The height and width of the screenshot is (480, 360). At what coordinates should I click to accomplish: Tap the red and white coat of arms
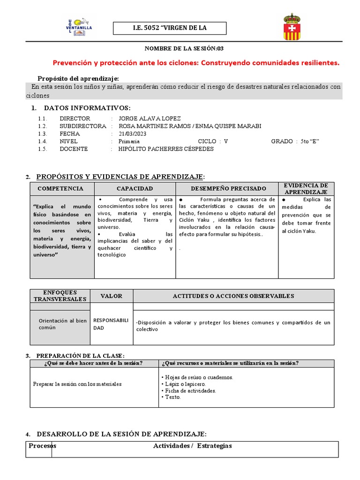tap(292, 27)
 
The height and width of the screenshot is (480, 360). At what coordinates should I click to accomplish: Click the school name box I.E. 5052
tap(170, 28)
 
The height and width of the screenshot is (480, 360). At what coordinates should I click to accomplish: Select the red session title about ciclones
tap(195, 63)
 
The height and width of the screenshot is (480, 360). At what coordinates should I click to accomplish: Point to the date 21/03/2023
tap(133, 134)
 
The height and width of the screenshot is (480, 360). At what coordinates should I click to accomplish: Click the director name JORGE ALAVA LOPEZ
tap(150, 119)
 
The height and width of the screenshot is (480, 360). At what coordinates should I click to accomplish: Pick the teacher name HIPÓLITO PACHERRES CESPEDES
tap(166, 149)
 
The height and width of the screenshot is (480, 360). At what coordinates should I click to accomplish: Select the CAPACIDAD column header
tap(135, 188)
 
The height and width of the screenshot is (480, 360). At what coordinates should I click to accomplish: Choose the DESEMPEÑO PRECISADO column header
tap(227, 188)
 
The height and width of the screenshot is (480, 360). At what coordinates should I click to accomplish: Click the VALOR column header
tap(112, 296)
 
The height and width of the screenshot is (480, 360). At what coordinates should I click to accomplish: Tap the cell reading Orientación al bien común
tap(62, 324)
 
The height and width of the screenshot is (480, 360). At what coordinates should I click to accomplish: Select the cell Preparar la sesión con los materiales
tap(77, 384)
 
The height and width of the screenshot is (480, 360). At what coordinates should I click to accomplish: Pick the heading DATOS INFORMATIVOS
tap(84, 108)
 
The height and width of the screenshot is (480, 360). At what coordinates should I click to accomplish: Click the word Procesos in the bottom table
tap(42, 446)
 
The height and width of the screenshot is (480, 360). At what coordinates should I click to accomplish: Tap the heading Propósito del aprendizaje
tap(78, 78)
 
